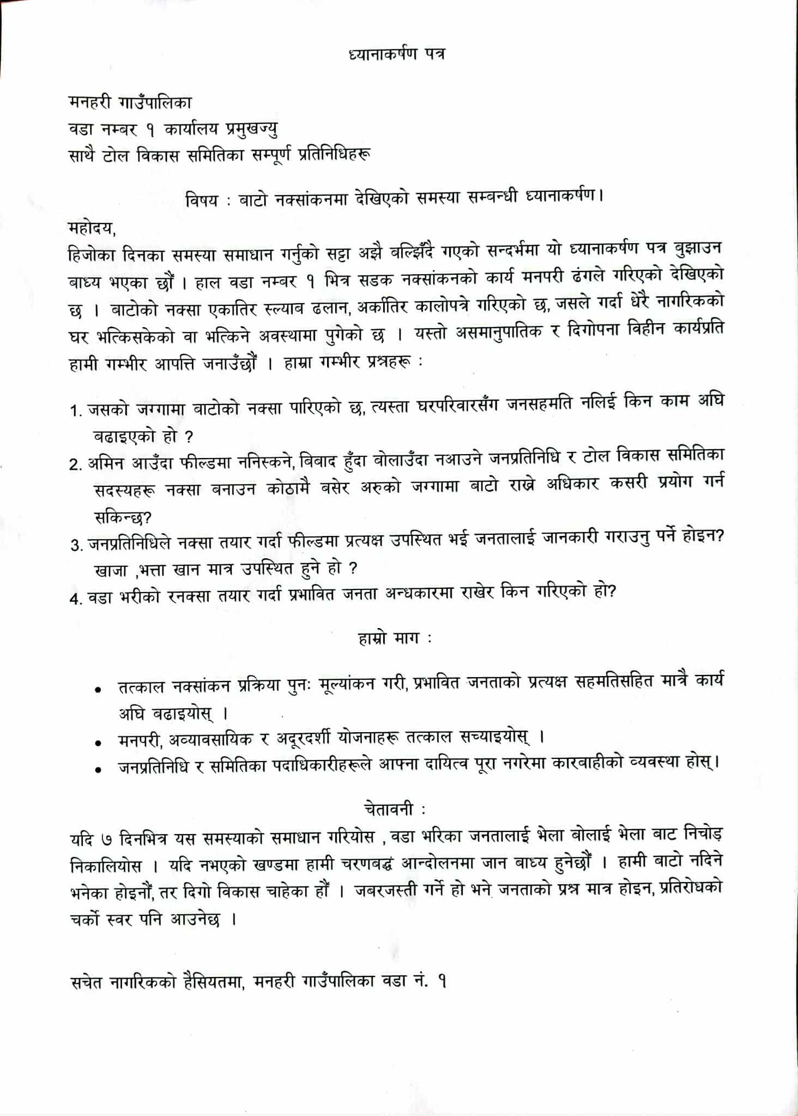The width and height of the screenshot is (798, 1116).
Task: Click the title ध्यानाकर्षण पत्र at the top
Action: pyautogui.click(x=396, y=55)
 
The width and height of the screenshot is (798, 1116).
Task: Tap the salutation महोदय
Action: pyautogui.click(x=92, y=225)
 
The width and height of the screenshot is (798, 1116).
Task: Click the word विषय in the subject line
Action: pyautogui.click(x=201, y=201)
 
